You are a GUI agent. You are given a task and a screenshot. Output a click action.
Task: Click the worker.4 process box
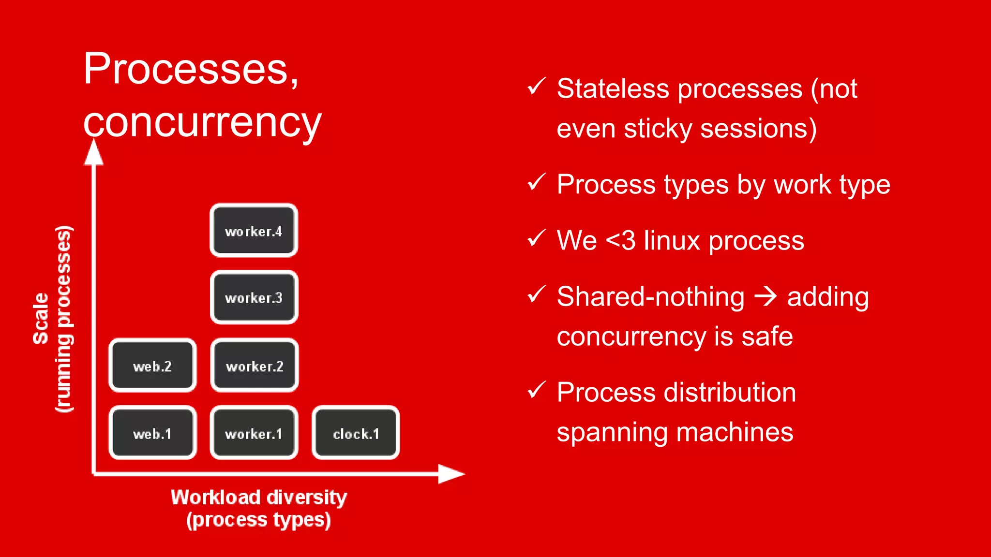pos(254,231)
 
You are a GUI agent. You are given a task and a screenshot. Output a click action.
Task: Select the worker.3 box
pos(254,297)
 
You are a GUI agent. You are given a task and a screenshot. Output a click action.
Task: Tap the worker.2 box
pos(255,366)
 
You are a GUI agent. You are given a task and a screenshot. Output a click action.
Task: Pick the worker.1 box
pos(254,433)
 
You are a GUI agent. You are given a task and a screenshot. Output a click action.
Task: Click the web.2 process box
pos(152,366)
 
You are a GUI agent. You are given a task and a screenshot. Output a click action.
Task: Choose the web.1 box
pos(152,433)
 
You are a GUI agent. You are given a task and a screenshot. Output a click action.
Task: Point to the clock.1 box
pos(356,433)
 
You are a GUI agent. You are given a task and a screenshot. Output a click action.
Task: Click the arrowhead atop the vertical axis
pos(94,152)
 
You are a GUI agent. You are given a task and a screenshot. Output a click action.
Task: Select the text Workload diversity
pos(259,497)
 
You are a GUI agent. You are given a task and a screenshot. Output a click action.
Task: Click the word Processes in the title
pos(186,69)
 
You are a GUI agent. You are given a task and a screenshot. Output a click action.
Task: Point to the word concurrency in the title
pos(202,122)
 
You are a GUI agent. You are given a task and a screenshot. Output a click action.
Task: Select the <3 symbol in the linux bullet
pos(620,240)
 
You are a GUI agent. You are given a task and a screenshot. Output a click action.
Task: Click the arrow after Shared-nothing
pos(766,296)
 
